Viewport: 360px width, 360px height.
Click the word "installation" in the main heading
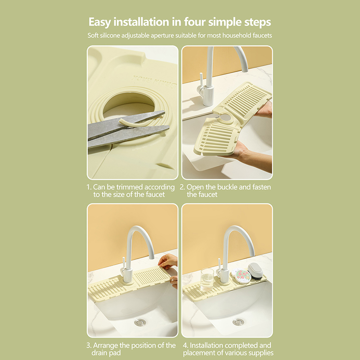coord(141,22)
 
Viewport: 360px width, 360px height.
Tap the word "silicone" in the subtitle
coord(110,36)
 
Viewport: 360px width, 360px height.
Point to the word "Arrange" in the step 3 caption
coord(105,345)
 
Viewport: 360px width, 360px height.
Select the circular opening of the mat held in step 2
coord(227,118)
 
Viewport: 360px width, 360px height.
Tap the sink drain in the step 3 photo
coord(140,322)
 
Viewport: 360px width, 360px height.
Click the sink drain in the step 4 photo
coord(238,322)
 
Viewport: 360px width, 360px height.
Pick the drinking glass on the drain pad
coord(207,279)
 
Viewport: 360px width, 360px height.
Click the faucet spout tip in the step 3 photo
coord(152,256)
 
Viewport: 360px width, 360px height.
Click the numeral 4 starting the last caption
coord(185,345)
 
